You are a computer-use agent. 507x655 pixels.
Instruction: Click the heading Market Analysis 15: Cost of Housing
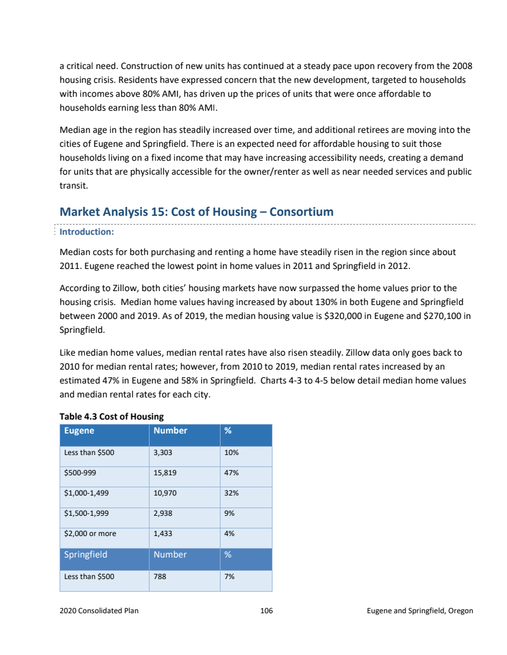196,211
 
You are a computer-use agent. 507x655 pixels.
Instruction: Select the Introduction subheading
86,232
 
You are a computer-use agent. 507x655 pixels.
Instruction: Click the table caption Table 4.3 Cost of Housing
112,416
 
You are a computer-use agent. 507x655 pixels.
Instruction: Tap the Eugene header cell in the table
79,430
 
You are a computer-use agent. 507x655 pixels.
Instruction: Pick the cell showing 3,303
163,452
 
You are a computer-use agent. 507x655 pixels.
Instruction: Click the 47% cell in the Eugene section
231,473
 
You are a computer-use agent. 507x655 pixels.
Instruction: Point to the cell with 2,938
163,513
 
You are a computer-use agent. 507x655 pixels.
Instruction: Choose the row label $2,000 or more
90,533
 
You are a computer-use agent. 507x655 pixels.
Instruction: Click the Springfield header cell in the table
86,554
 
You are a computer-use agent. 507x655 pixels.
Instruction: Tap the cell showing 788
160,577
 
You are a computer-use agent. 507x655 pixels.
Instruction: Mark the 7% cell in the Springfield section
229,577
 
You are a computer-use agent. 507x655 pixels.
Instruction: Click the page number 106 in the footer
266,611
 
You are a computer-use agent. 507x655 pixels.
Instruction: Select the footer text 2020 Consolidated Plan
99,611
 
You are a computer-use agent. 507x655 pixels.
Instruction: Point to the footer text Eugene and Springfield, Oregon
420,611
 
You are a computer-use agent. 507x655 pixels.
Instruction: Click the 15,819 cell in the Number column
165,473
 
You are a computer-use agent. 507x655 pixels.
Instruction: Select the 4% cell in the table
229,533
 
